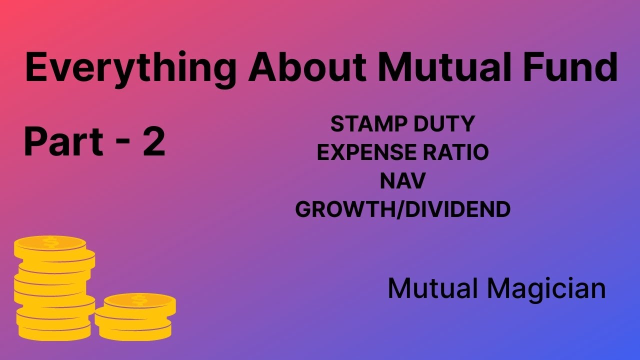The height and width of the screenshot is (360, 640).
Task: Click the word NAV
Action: coord(402,181)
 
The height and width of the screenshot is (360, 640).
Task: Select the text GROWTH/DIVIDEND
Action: coord(402,209)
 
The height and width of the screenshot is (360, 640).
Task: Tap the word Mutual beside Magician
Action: coord(430,288)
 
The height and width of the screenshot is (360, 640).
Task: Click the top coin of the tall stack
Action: coord(50,243)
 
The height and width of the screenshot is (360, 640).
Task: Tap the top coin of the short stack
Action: coord(139,300)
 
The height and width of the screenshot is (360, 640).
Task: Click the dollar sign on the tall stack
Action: coord(50,243)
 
